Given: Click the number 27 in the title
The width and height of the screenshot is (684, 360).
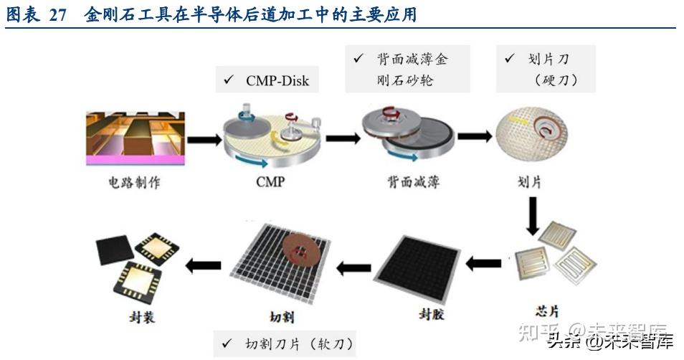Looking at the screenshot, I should [59, 14].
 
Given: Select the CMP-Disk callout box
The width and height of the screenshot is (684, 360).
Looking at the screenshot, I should [267, 80].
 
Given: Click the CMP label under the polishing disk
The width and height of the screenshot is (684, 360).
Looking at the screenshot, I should [270, 182].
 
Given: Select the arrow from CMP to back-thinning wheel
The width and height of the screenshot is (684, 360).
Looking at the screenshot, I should [341, 138].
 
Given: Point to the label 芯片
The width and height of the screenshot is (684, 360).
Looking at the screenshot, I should [548, 311].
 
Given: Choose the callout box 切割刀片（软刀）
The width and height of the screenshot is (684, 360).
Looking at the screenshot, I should [285, 344].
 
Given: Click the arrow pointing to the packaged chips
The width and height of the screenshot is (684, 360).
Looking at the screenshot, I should [203, 265].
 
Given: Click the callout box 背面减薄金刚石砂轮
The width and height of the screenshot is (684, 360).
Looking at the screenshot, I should [407, 69].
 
